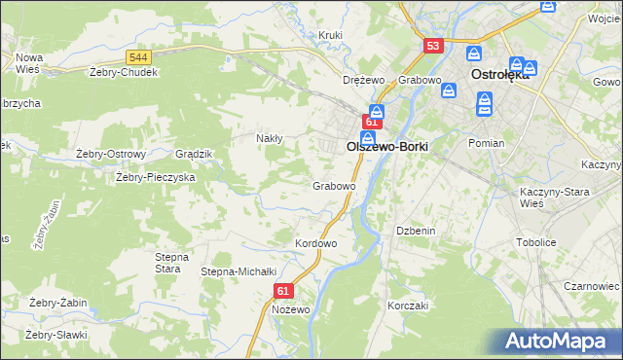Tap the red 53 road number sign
pos(434,46)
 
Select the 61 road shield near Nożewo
pos(283,291)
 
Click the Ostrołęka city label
pos(499,74)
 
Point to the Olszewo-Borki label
pos(387,146)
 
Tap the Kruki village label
pos(332,36)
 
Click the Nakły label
pos(269,138)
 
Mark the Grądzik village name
pos(193,154)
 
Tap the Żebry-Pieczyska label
pos(156,177)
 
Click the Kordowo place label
pos(315,242)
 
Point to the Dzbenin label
pos(414,231)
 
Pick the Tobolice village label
pos(535,242)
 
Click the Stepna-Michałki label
pos(239,271)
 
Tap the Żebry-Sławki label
pos(56,335)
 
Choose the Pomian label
pos(486,143)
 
